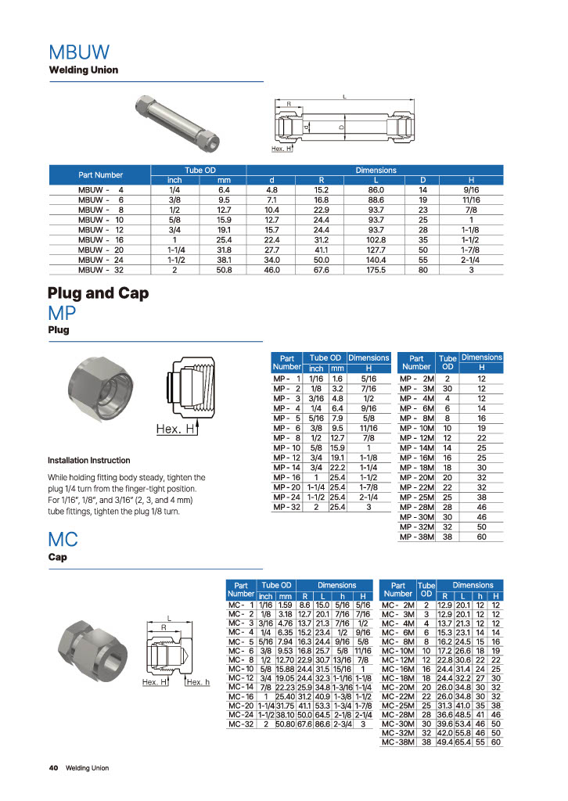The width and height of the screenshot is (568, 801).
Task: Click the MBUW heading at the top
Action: point(79,52)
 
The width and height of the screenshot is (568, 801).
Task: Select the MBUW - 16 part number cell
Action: point(101,240)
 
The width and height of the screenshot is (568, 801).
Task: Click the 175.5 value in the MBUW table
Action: point(376,270)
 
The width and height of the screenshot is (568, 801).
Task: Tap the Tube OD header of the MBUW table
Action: point(200,170)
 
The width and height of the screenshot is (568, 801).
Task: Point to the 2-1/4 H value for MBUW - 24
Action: point(470,260)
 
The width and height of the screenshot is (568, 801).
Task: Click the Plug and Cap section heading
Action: point(98,293)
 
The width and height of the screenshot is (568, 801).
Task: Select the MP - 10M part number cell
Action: point(417,428)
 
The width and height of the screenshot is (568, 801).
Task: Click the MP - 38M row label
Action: point(417,537)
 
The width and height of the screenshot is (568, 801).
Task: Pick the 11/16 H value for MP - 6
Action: point(368,428)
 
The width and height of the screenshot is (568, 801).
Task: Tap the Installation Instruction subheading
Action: point(89,460)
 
